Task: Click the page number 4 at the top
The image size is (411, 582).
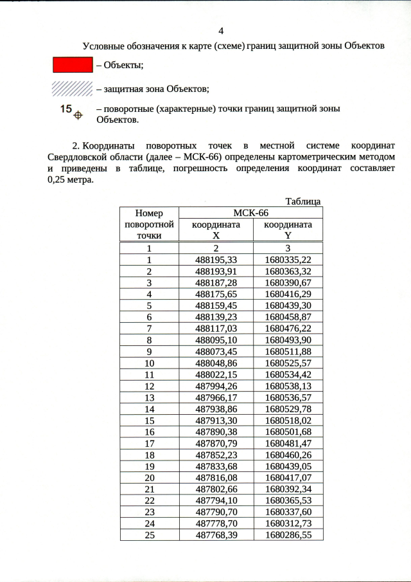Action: click(x=221, y=30)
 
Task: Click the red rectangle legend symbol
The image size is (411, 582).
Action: click(x=72, y=64)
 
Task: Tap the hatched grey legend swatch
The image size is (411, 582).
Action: click(x=72, y=88)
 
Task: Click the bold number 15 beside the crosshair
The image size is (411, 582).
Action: click(x=66, y=109)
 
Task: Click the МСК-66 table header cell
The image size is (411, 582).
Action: click(x=250, y=213)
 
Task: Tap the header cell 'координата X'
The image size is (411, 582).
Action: click(x=216, y=230)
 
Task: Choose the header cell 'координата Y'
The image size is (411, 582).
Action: click(x=288, y=230)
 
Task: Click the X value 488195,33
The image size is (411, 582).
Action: click(x=216, y=259)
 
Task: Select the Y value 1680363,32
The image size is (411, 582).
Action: click(x=288, y=271)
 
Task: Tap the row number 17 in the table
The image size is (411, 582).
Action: click(x=149, y=443)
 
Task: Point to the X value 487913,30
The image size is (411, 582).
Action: click(x=216, y=420)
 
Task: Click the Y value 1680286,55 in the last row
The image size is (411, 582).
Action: click(x=288, y=534)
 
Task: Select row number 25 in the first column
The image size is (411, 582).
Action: click(x=149, y=534)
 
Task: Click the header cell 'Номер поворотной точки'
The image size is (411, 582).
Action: click(x=149, y=224)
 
